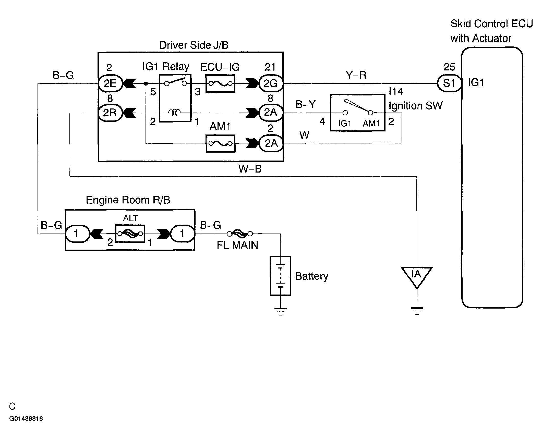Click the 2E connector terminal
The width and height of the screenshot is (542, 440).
click(x=110, y=83)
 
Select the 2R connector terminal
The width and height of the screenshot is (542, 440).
click(x=110, y=113)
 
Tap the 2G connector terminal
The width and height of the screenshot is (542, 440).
click(x=271, y=83)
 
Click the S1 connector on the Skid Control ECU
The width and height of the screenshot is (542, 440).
click(x=449, y=83)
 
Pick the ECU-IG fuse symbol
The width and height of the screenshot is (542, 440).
click(x=220, y=83)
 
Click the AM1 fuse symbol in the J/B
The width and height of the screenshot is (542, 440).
click(x=221, y=143)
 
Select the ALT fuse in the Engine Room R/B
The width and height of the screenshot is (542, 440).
click(x=130, y=234)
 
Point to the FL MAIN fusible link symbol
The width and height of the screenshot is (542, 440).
click(x=240, y=234)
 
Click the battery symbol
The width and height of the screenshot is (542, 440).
click(x=280, y=276)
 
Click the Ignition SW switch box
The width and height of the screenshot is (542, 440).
click(x=358, y=113)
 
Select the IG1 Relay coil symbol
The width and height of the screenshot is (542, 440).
click(x=174, y=112)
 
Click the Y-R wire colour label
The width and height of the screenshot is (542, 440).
click(x=356, y=75)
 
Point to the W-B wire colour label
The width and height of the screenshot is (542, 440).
click(x=250, y=169)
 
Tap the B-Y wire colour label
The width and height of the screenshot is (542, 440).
click(x=306, y=104)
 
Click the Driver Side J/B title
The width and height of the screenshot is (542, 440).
click(x=194, y=45)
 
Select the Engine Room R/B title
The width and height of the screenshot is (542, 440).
click(x=128, y=200)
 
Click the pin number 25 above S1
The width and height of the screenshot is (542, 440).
click(x=449, y=67)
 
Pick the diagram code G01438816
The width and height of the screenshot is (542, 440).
click(x=26, y=419)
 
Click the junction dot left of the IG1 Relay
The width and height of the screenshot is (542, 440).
click(x=146, y=83)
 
